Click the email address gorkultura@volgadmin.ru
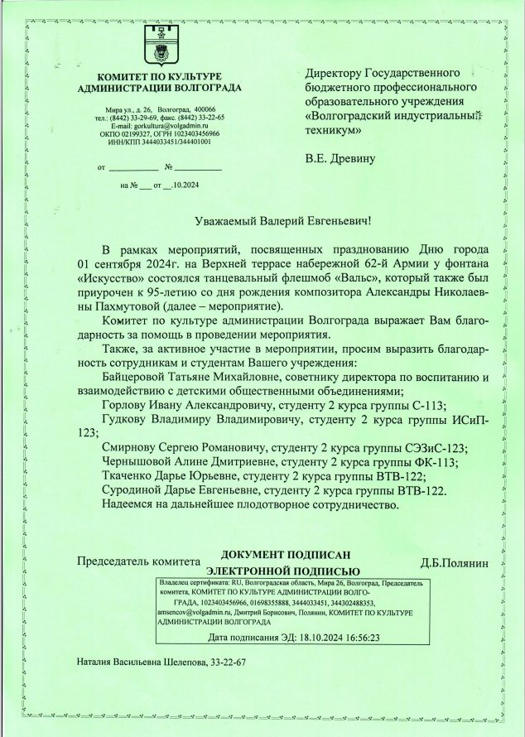click(168, 125)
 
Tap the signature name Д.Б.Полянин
click(455, 563)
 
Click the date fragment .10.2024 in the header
click(185, 185)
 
